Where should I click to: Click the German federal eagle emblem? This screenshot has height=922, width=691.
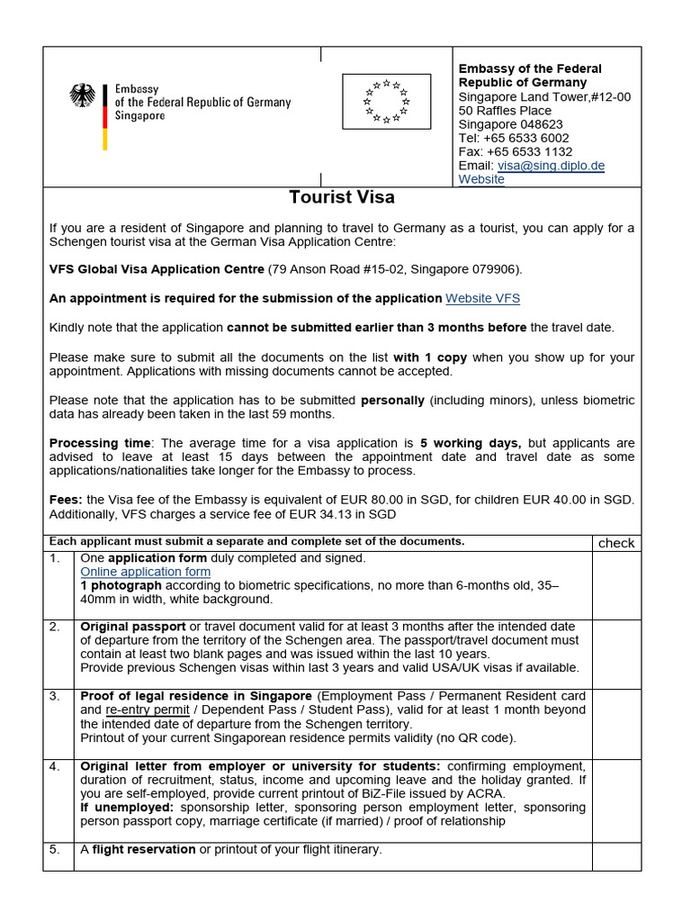[x=83, y=96]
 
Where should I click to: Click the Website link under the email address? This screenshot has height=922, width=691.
[x=481, y=179]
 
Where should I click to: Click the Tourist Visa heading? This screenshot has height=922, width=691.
[x=341, y=197]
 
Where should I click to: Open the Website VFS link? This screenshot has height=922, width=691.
[x=483, y=298]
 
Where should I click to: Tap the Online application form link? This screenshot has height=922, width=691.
[x=146, y=572]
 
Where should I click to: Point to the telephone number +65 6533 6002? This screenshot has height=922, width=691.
[x=514, y=138]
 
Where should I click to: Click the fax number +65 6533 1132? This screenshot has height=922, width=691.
[x=516, y=152]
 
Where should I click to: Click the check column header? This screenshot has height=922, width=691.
[x=616, y=543]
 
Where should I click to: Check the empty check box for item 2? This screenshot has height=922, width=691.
[x=616, y=653]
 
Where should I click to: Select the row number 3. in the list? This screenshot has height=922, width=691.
[x=55, y=696]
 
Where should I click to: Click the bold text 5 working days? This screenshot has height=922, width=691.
[x=471, y=443]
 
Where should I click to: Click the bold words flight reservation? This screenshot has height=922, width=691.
[x=144, y=849]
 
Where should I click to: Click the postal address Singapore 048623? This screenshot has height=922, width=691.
[x=510, y=124]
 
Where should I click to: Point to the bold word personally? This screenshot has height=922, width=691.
[x=393, y=400]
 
